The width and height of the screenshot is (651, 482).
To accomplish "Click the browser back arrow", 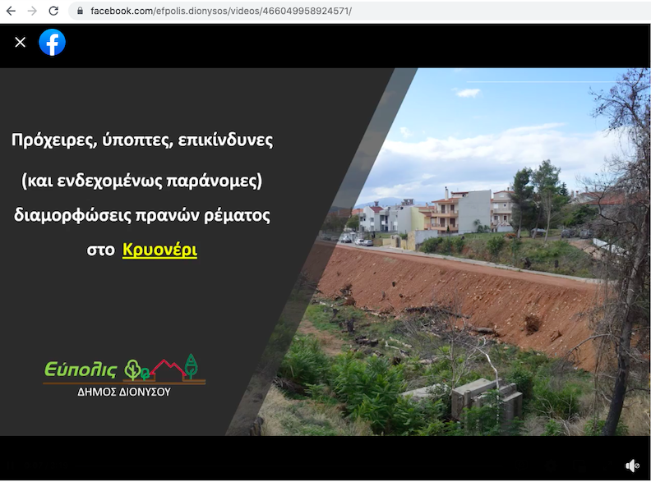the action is click(11, 11).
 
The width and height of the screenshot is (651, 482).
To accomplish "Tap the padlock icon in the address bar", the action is click(80, 11).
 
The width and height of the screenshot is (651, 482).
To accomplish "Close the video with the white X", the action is click(20, 42).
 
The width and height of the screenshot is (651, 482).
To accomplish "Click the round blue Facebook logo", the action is click(52, 42).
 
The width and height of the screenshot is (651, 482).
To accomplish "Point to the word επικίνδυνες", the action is click(225, 140).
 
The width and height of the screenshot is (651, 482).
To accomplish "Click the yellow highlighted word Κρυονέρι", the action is click(159, 250).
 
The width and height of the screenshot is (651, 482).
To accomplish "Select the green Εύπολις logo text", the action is click(81, 369).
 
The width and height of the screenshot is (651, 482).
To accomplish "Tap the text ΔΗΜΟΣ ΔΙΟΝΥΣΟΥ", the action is click(124, 392).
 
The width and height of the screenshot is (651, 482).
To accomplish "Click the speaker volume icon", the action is click(632, 466).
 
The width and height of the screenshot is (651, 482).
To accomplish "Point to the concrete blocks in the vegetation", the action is click(486, 397).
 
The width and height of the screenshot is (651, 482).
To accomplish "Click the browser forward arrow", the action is click(32, 11).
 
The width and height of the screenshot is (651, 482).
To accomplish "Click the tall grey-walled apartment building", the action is click(474, 211).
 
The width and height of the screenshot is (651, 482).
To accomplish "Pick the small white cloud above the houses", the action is click(468, 93).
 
